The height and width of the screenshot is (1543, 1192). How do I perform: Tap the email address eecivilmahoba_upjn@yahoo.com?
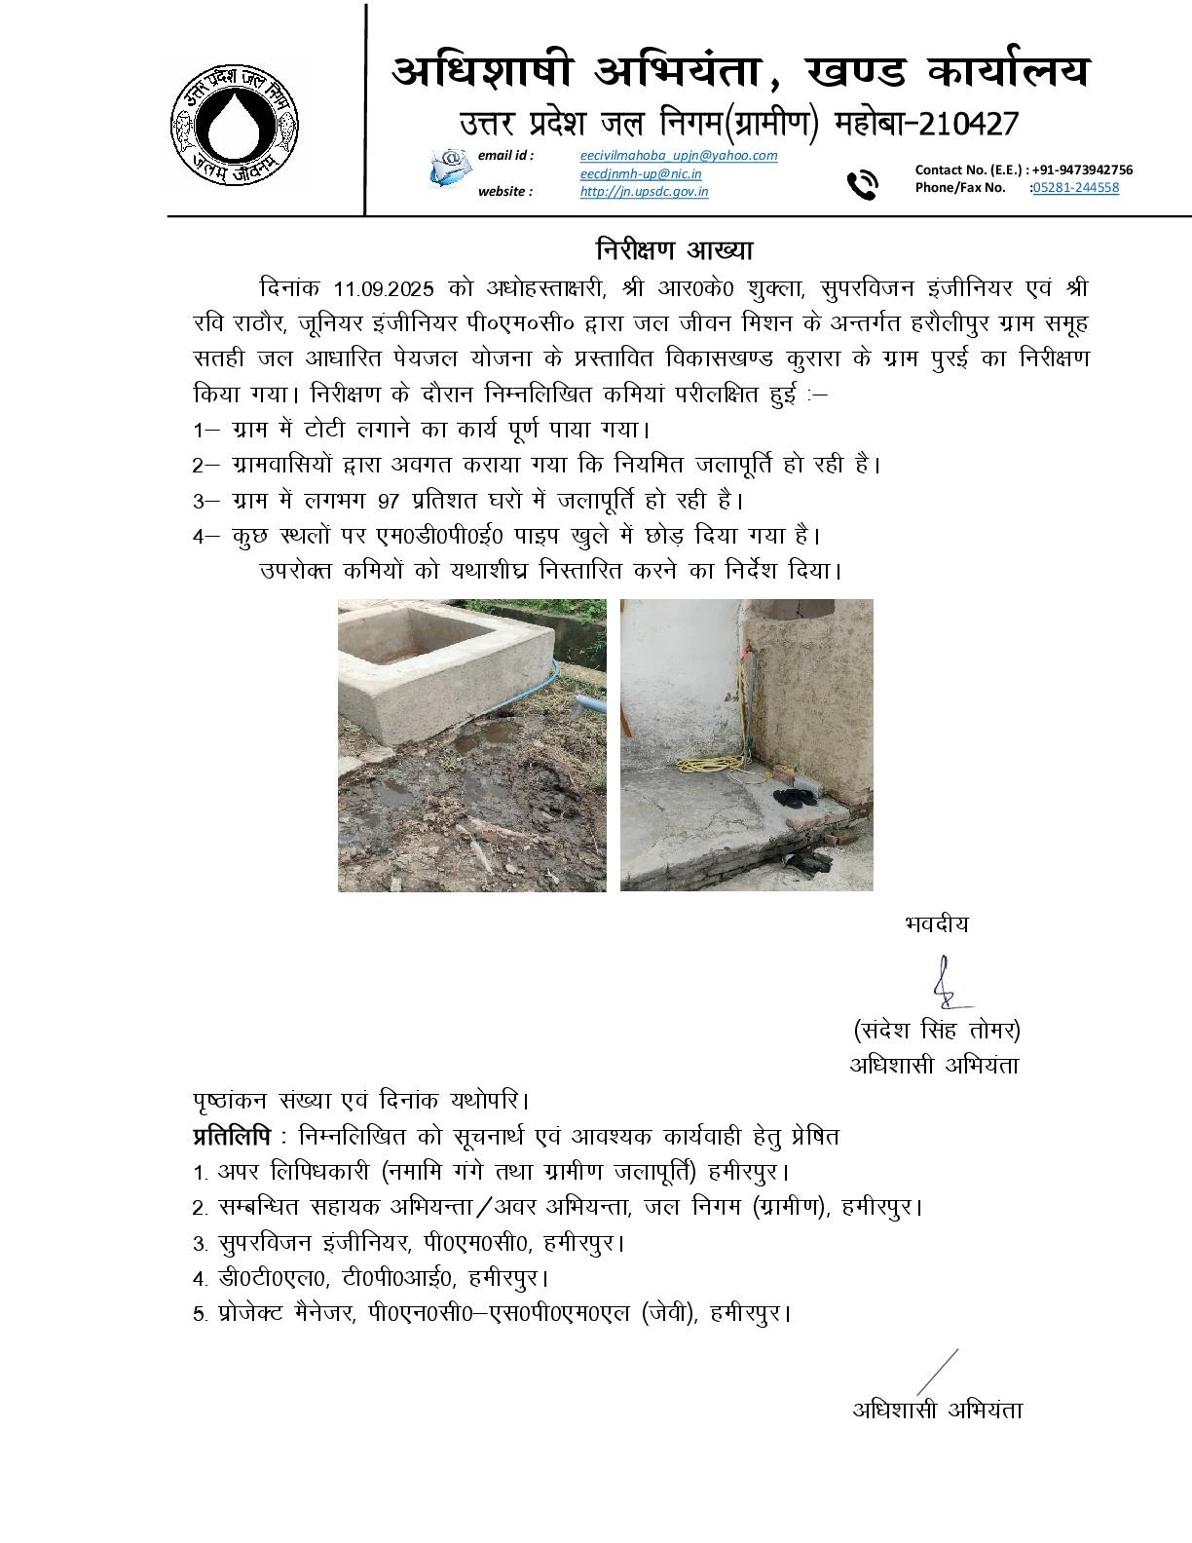click(678, 156)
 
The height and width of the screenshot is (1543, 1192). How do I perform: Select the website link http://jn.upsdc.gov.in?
click(644, 192)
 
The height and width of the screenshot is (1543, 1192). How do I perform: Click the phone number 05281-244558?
click(1075, 188)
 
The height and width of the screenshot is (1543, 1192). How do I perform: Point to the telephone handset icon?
click(862, 183)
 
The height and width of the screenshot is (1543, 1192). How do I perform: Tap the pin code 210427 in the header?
click(955, 125)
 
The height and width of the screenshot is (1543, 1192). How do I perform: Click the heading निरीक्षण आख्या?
click(674, 249)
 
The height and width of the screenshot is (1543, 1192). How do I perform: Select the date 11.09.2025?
click(388, 288)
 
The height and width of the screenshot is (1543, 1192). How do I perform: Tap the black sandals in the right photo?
click(795, 797)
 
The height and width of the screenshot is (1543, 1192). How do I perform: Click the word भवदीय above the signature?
click(936, 923)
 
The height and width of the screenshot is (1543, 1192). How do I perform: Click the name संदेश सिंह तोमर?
click(936, 1030)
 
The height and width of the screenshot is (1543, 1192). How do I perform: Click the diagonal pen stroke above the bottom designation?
click(936, 1371)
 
